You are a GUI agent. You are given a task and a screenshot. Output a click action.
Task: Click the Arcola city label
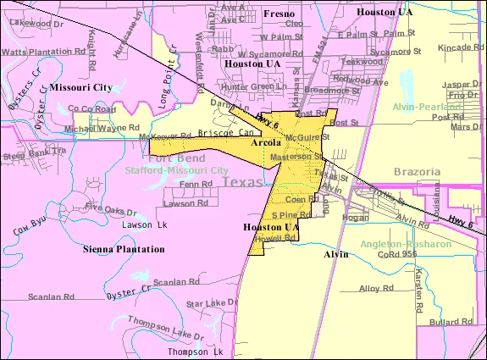coord(268,143)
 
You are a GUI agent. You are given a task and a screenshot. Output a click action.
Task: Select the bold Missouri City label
coord(80,87)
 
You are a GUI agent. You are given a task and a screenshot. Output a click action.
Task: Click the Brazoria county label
coord(418,171)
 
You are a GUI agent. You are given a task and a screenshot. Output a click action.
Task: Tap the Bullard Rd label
coord(451,323)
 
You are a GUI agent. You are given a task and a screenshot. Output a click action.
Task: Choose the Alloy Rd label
coord(372,288)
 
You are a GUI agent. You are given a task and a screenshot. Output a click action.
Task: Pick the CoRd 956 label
coord(396,253)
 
